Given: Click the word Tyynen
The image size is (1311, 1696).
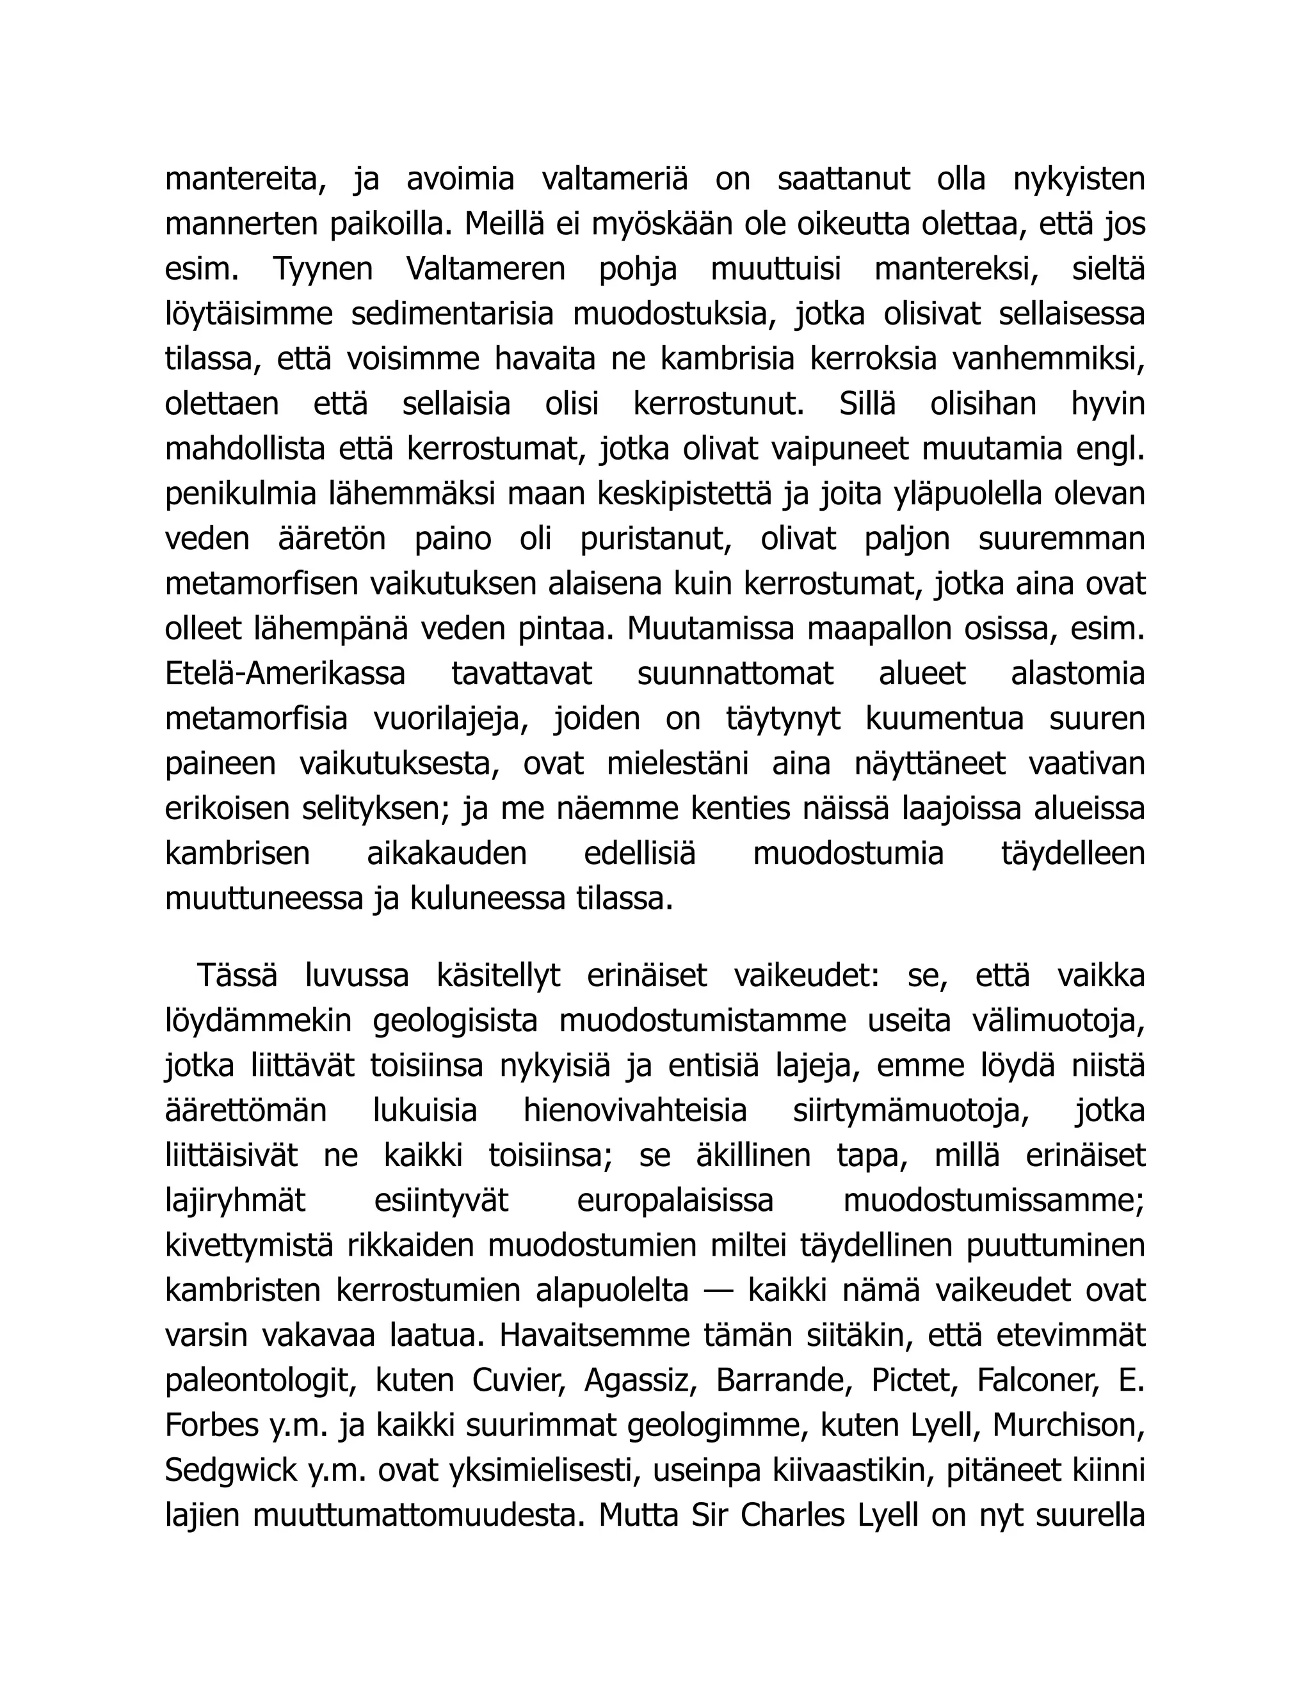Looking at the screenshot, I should pos(323,269).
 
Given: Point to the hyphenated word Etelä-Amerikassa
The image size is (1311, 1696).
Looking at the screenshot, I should pos(285,674).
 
